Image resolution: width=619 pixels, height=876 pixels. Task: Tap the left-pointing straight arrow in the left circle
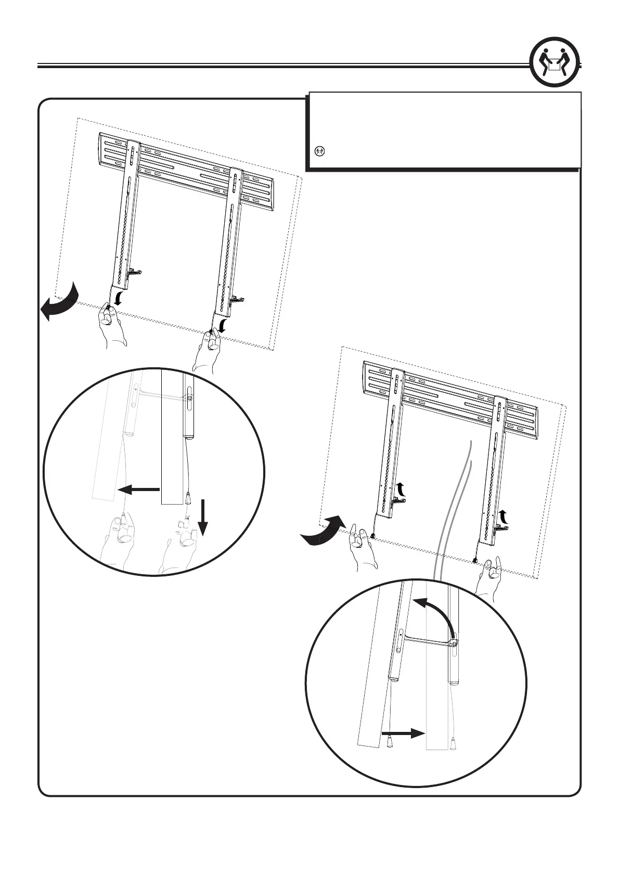point(138,489)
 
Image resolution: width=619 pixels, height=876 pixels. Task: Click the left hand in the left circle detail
point(119,541)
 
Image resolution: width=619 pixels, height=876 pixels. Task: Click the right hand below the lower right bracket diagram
point(492,572)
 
